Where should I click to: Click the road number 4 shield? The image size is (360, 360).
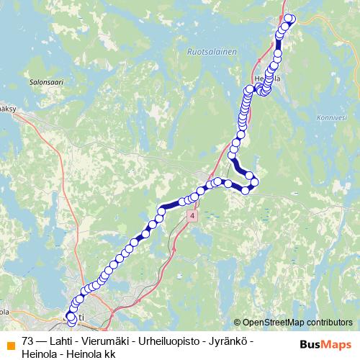coord(192,216)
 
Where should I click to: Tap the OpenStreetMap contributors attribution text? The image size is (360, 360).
coord(297,322)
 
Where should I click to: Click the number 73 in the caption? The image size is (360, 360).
coord(28,341)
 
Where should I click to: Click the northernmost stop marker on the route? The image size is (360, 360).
coord(289,19)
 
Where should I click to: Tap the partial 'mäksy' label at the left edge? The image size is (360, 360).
coord(7,109)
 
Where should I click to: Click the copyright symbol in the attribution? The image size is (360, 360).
coord(238,322)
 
